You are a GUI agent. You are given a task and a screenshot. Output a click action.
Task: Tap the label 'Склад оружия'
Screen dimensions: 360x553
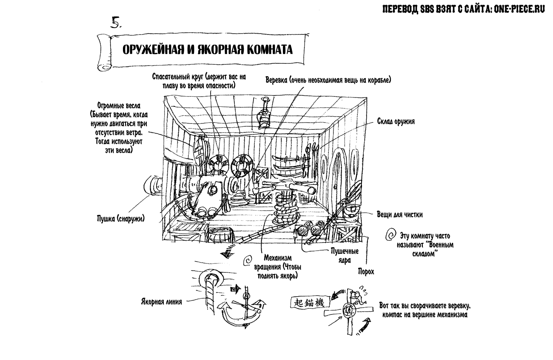(396, 121)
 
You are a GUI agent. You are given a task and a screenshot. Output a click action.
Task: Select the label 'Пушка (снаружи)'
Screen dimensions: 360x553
(121, 219)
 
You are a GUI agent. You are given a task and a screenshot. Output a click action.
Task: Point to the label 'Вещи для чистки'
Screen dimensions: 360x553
(399, 214)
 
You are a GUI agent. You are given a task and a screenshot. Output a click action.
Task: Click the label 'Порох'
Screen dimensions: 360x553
(366, 271)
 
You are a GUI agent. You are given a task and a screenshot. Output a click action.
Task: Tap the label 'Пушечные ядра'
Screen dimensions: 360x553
(345, 255)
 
